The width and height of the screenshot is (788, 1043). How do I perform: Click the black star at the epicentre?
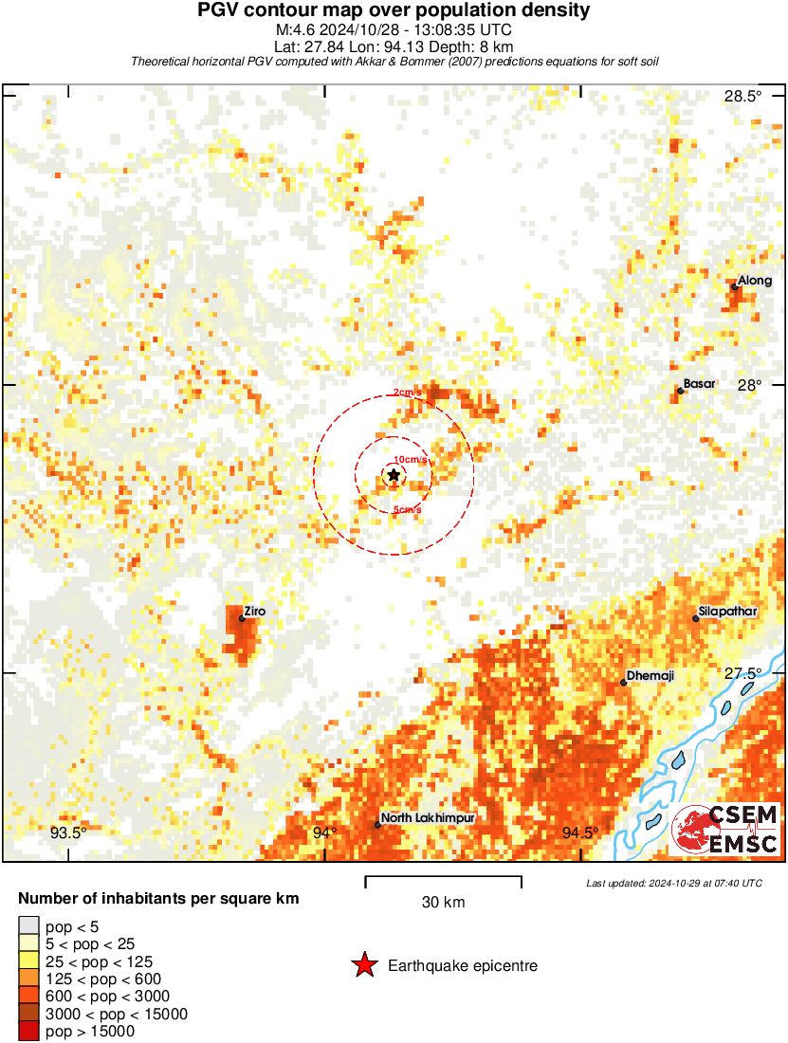394,475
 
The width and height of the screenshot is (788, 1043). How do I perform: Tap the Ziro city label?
253,612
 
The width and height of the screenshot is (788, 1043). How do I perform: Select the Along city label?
755,281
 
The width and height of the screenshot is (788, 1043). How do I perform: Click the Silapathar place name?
727,612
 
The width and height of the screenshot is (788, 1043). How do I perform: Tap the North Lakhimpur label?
428,817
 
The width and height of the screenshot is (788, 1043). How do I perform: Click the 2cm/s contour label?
408,393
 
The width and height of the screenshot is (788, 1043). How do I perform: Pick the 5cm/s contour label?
407,510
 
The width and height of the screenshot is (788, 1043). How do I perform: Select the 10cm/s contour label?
411,459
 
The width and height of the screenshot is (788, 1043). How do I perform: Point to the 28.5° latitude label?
743,96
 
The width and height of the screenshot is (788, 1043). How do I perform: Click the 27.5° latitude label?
743,673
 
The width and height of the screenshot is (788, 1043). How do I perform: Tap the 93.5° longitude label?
68,833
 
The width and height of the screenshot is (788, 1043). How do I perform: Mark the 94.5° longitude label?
579,833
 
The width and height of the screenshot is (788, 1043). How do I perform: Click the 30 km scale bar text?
443,903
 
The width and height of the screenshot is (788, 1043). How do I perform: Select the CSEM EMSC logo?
725,828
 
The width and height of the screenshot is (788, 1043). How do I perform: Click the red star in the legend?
363,965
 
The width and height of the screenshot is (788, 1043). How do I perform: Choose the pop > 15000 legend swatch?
29,1031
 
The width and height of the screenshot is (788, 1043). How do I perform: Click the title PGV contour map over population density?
394,11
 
